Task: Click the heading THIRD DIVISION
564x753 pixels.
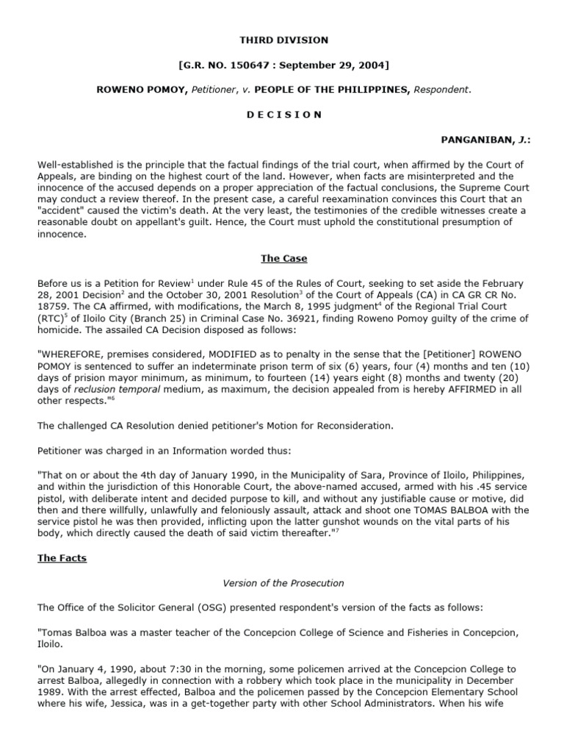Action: [x=283, y=40]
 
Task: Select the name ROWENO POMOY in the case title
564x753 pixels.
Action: [x=130, y=90]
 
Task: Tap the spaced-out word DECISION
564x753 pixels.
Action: [x=283, y=115]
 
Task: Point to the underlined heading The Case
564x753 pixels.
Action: [x=283, y=258]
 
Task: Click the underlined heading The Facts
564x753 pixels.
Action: [x=62, y=558]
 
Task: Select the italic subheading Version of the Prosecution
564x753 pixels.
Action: [x=283, y=583]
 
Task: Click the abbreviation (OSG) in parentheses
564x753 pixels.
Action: [x=177, y=607]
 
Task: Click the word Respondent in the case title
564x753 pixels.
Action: [x=441, y=90]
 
